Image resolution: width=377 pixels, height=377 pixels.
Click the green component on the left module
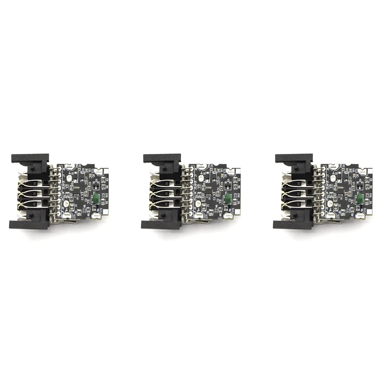(x=96, y=197)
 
